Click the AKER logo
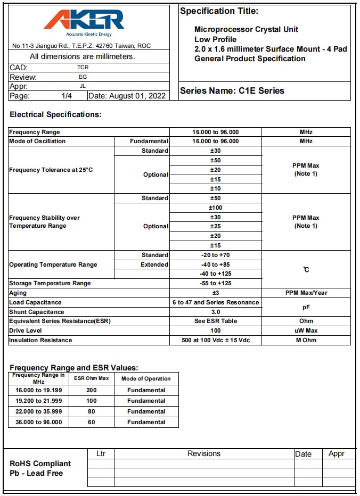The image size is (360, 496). (x=84, y=21)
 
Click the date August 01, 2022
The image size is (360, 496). (x=127, y=96)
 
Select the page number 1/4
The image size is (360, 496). (x=67, y=96)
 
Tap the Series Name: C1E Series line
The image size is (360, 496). (x=232, y=90)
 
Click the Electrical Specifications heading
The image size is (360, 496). (x=55, y=114)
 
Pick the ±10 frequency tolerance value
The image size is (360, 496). (x=215, y=188)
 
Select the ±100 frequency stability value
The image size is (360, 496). (x=215, y=208)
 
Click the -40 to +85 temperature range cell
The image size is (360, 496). (x=215, y=264)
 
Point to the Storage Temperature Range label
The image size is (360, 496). (x=50, y=283)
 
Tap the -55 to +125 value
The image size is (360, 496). (x=215, y=283)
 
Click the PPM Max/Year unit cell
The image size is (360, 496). (x=306, y=293)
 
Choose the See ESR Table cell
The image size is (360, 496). (x=215, y=321)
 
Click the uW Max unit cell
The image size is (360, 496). (x=306, y=330)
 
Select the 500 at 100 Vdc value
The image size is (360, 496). (x=215, y=340)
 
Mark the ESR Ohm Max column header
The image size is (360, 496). (x=92, y=378)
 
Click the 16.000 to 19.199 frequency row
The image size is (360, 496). (x=38, y=390)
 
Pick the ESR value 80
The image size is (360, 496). (x=92, y=411)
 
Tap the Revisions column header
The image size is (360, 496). (x=204, y=453)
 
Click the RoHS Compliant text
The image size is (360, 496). (x=40, y=463)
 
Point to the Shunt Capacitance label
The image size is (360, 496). (x=37, y=312)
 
